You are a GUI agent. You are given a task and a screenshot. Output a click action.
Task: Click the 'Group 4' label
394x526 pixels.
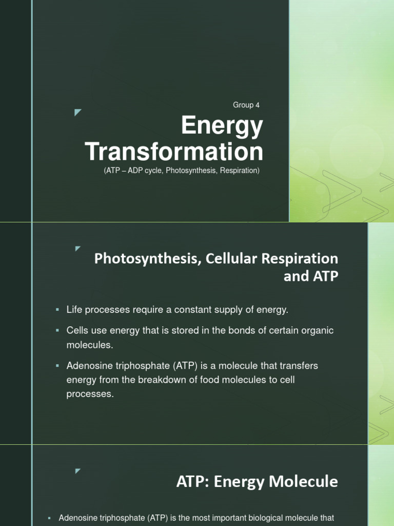[x=246, y=105]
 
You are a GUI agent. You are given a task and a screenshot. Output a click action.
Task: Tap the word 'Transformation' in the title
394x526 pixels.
[x=174, y=152]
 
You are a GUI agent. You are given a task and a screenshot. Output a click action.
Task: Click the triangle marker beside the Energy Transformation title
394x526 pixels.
[x=78, y=112]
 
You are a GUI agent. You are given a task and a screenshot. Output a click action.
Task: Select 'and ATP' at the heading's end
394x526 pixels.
[x=311, y=276]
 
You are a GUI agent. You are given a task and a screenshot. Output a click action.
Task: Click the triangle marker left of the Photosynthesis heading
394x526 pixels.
[x=78, y=249]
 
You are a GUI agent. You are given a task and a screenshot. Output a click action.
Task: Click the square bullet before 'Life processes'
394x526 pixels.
[x=57, y=310]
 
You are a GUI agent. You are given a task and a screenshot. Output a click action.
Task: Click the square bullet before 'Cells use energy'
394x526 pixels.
[x=57, y=331]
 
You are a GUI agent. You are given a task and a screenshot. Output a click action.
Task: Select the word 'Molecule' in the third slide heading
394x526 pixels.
[x=308, y=481]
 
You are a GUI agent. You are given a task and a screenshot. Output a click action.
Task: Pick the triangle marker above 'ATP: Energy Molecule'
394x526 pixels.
[x=78, y=470]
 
